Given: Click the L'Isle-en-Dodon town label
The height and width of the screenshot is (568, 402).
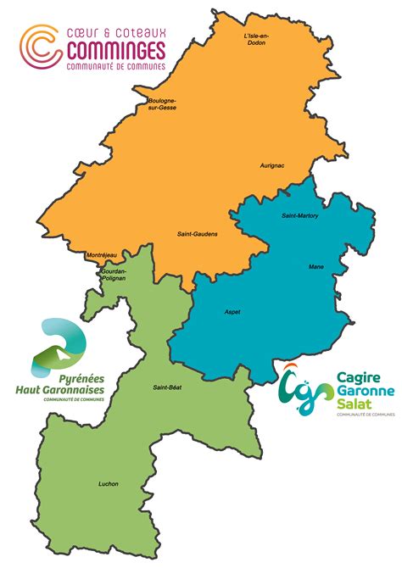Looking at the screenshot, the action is [x=255, y=40].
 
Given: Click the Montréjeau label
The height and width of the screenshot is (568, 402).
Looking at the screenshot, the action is [x=101, y=255].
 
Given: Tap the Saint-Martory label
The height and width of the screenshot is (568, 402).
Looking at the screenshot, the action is [x=300, y=216].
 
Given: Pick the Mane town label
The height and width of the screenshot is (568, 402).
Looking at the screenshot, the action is [x=316, y=268].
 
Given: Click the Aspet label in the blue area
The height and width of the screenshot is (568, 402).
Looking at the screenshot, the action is [x=232, y=312].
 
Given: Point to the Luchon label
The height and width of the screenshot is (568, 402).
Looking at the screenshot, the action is [x=109, y=484].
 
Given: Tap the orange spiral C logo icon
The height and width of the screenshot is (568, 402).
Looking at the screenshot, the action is [x=41, y=46].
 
